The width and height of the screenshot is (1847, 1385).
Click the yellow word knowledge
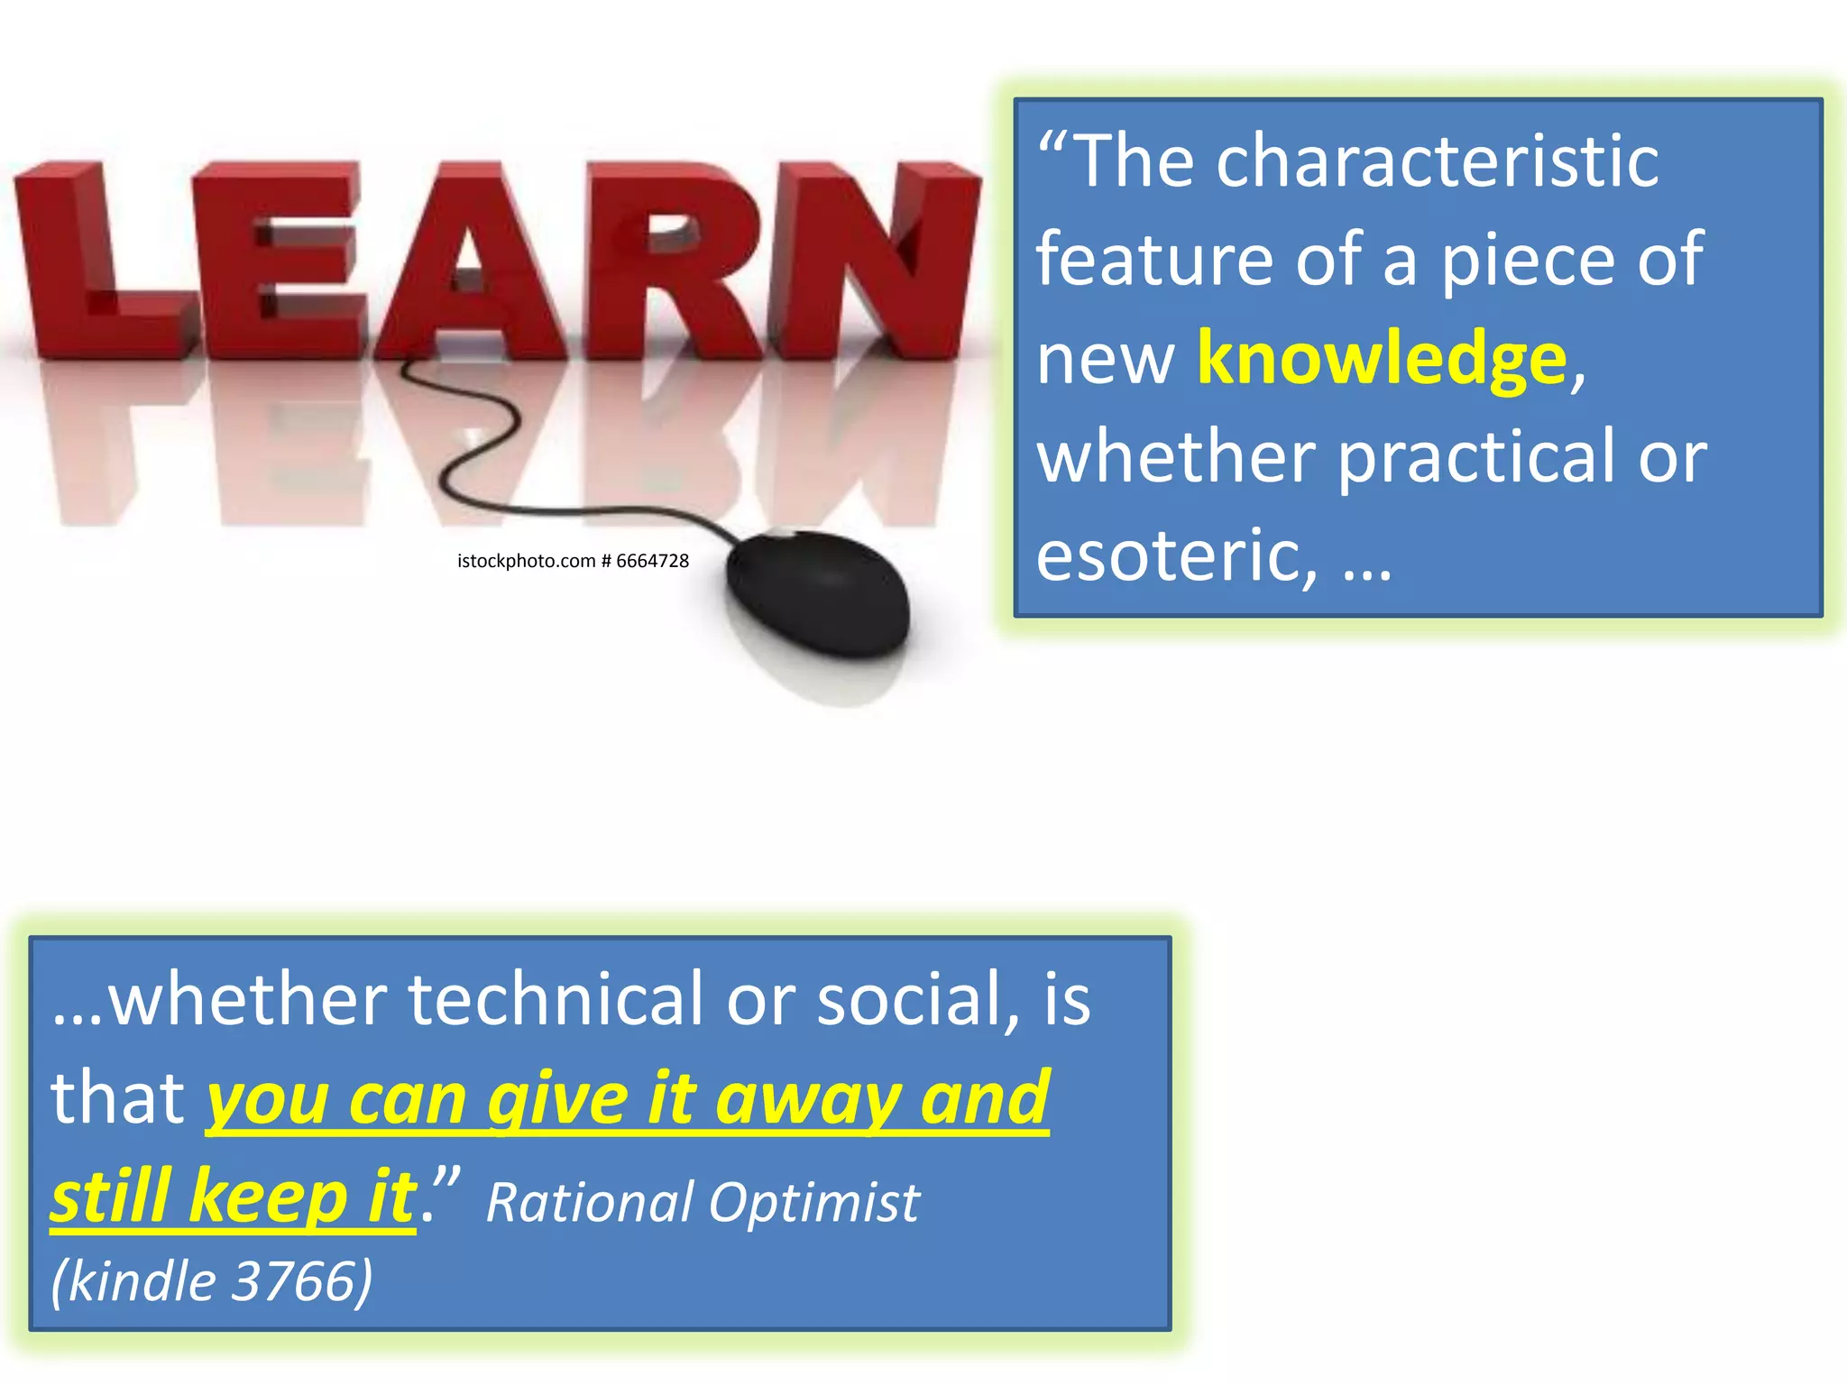(x=1382, y=359)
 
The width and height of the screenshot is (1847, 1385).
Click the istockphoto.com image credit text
(x=573, y=561)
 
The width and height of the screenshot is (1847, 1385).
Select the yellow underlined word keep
(x=269, y=1197)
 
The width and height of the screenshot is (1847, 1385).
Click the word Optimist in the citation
(x=813, y=1203)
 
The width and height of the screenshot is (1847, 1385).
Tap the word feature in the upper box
(x=1154, y=261)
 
